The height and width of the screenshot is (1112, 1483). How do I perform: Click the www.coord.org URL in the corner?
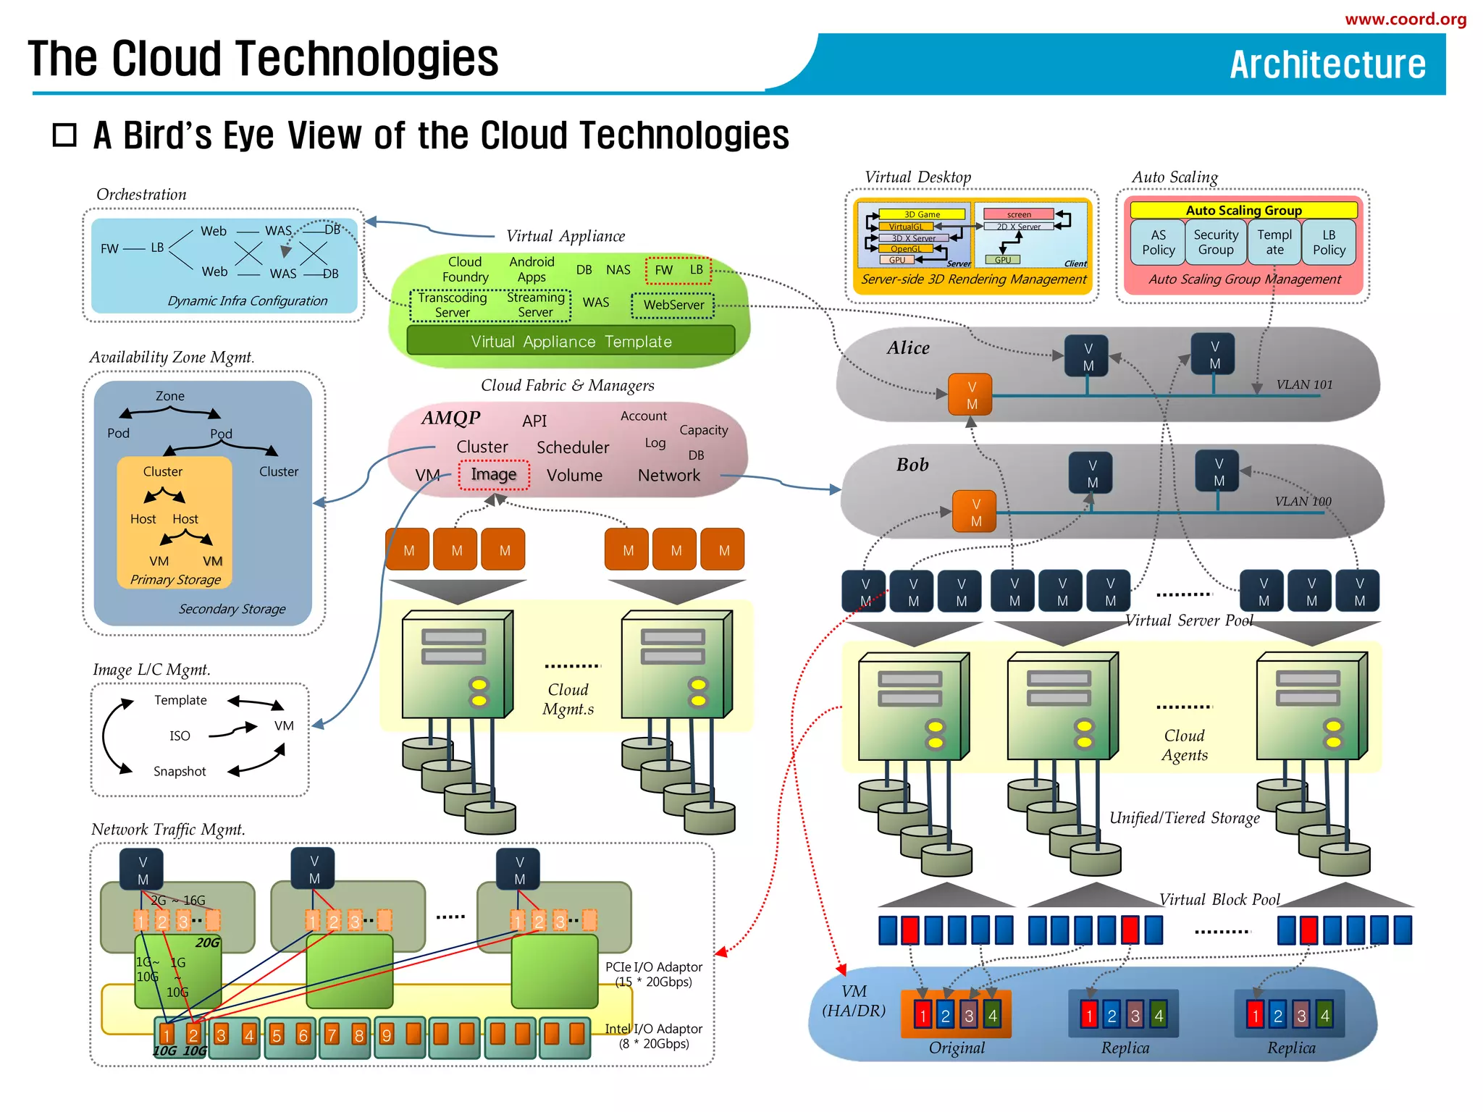1405,20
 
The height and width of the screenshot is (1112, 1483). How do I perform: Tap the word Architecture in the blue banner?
1327,64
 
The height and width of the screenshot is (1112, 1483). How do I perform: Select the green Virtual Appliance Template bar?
571,341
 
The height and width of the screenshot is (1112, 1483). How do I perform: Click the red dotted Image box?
494,475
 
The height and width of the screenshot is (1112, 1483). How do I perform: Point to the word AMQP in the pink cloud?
451,418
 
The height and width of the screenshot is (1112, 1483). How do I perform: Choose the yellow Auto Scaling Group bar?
1243,211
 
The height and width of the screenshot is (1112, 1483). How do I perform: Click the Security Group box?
1216,243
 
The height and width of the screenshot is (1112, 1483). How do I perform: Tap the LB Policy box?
1329,243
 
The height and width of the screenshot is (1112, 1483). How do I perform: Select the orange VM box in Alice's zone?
971,395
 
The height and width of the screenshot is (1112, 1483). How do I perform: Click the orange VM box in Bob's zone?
975,513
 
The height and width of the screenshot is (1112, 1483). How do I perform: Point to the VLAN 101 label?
1303,385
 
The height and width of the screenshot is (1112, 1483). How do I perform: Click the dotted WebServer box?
673,306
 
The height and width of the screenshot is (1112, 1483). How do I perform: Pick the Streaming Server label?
535,305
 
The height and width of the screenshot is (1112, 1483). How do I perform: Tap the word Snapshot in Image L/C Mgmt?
180,772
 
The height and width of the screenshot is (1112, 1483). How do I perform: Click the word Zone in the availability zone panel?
169,397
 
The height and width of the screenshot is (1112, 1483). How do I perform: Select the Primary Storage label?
175,580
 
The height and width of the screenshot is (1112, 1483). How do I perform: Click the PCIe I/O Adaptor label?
653,967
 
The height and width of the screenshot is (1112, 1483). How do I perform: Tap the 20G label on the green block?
207,943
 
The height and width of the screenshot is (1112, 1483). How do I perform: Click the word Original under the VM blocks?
957,1048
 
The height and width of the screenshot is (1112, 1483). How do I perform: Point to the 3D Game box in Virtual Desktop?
922,214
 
